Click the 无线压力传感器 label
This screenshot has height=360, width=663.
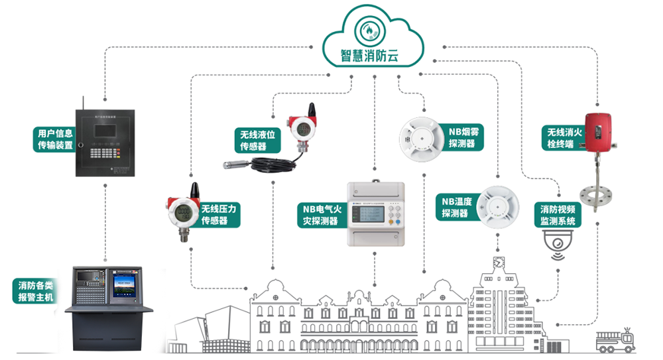[x=218, y=213]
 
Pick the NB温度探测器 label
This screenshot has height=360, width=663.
[x=455, y=206]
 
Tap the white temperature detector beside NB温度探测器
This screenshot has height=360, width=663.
[x=499, y=207]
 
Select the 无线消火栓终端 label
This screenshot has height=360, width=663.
[x=564, y=138]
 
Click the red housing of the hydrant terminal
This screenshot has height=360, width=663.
[x=601, y=129]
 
